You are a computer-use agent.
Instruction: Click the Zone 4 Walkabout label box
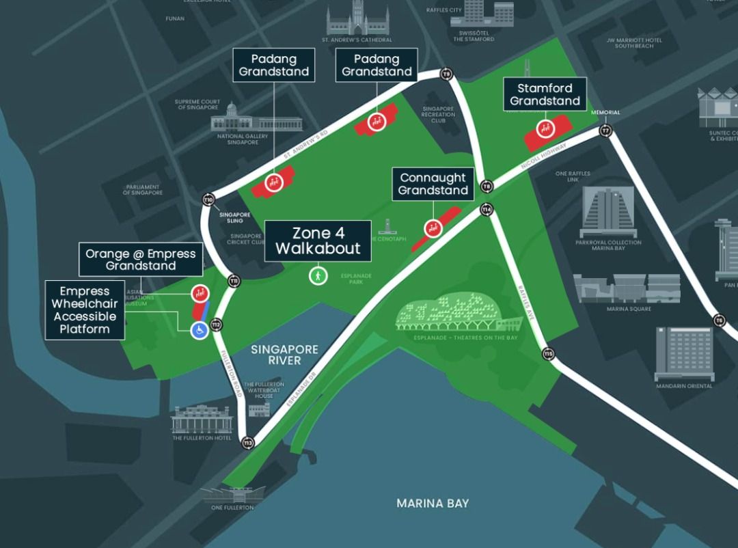point(318,241)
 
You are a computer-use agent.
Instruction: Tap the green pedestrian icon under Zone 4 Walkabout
point(317,276)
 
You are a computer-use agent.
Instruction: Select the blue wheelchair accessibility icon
point(199,331)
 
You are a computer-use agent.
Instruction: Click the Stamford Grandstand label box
point(545,94)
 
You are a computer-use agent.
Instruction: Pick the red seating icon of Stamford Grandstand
point(545,128)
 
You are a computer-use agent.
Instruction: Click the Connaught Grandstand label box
point(433,184)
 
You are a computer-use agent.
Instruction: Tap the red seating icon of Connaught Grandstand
point(432,228)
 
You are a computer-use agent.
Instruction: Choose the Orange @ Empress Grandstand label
point(141,260)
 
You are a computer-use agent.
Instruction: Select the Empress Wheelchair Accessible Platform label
point(85,310)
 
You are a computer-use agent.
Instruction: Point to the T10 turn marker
point(208,200)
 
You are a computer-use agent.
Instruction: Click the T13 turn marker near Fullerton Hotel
point(247,443)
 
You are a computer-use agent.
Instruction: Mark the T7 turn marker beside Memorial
point(605,131)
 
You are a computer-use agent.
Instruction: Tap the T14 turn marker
point(487,209)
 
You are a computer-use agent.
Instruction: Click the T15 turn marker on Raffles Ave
point(548,353)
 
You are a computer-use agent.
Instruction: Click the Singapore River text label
point(284,355)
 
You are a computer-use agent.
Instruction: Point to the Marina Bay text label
point(433,504)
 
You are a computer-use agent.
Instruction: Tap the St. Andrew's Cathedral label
point(357,40)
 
